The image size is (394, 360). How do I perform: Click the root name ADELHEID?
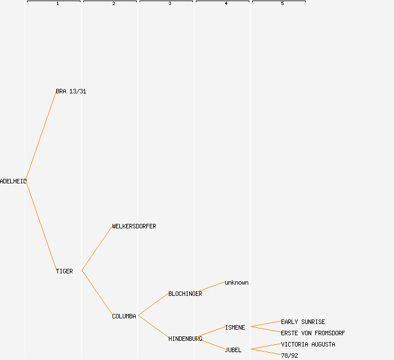coord(13,181)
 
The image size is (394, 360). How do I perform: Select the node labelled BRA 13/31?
coord(71,91)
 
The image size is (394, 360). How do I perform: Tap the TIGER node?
coord(64,271)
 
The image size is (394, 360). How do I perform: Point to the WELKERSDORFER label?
coord(134,226)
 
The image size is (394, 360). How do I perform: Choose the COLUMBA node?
coord(124,316)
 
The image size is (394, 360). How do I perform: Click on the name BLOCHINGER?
coord(185,294)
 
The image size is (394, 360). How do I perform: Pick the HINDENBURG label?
coord(185,339)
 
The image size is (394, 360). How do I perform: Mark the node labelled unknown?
coord(236,282)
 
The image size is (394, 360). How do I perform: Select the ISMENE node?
coord(235,327)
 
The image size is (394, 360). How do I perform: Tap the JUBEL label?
coord(233,350)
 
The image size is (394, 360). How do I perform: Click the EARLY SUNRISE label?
coord(303,322)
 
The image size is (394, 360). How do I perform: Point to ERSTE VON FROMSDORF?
coord(313,333)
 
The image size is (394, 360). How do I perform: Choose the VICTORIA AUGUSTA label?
coord(308,344)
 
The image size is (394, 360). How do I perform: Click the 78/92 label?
coord(289,355)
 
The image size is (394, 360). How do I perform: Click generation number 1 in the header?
coord(57,4)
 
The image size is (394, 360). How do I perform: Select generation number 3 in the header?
coord(170,4)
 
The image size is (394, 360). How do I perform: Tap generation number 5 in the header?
coord(283,4)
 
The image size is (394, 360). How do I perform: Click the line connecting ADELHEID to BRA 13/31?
coord(41,136)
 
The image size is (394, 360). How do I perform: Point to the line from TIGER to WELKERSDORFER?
coord(97,249)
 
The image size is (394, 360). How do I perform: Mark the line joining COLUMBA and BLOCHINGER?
coord(153,304)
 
